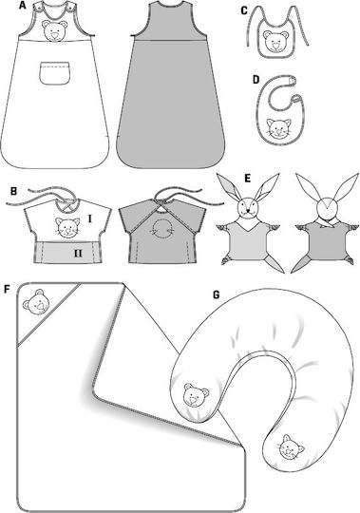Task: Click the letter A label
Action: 23,6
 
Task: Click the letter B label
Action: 13,191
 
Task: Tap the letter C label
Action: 243,11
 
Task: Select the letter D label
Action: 256,80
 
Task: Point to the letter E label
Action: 248,179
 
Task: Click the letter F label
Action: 8,289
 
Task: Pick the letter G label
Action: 217,294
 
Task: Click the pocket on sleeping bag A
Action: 55,73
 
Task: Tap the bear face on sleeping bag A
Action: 54,31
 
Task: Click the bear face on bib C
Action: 276,41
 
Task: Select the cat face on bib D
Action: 278,128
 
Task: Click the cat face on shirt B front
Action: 67,227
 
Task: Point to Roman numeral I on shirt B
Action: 90,218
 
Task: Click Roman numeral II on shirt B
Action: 78,254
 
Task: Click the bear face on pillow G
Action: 196,394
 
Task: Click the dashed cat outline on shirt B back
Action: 161,228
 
